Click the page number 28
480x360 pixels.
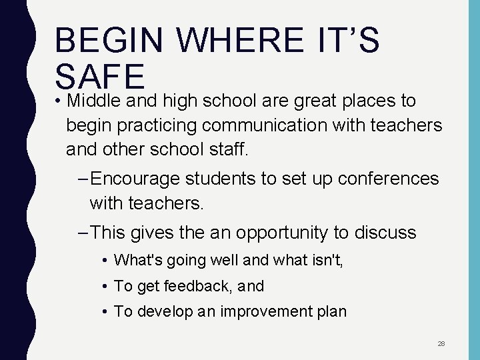[441, 344]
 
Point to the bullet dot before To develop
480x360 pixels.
[107, 312]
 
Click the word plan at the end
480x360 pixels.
[332, 312]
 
